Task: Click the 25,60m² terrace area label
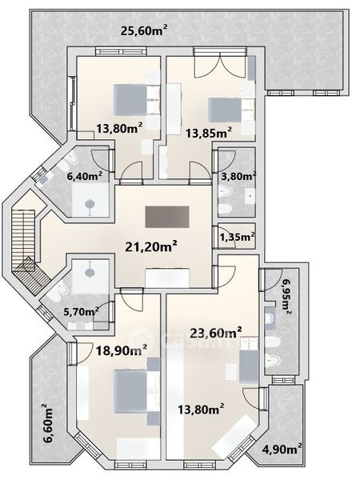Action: (144, 30)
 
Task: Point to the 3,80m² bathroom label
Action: (238, 176)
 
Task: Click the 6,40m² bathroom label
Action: (85, 176)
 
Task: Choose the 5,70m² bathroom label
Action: (81, 312)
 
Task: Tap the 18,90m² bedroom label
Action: (122, 350)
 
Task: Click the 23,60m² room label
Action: (216, 333)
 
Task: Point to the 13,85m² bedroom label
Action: (209, 133)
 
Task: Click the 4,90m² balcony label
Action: (282, 449)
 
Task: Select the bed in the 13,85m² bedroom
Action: (224, 110)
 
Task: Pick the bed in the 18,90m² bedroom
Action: (130, 391)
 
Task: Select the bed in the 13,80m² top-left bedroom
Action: (130, 100)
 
